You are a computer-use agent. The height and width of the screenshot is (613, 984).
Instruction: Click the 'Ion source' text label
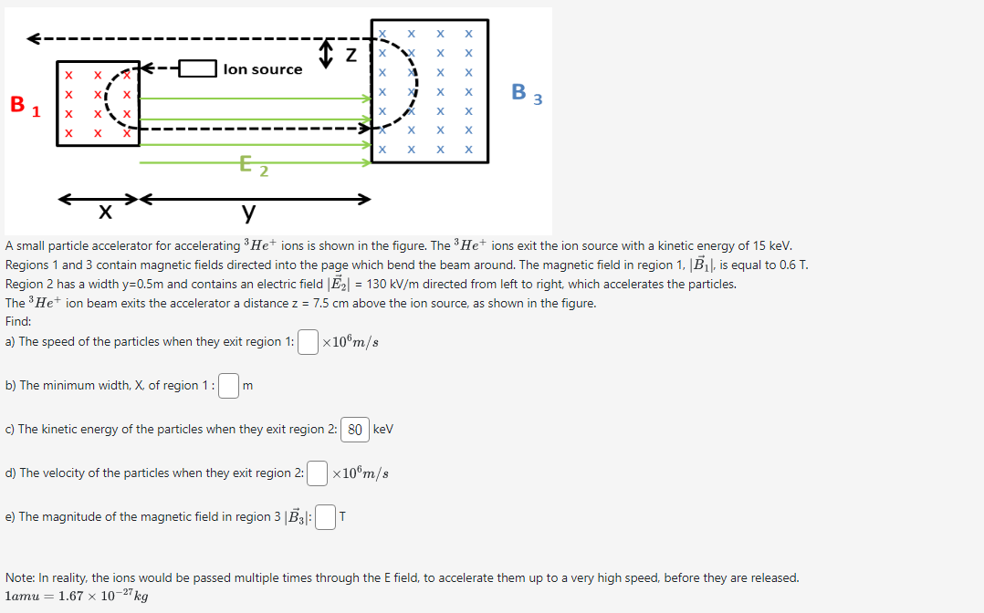click(x=263, y=69)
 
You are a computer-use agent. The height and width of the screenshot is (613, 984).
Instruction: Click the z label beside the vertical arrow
click(x=351, y=56)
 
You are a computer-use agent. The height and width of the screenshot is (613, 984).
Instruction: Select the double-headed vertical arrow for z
click(x=326, y=54)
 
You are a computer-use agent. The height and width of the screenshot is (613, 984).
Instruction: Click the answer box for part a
click(x=309, y=342)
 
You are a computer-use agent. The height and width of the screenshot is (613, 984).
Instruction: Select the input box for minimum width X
click(x=229, y=386)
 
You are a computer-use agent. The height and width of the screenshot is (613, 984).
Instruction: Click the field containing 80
click(x=355, y=430)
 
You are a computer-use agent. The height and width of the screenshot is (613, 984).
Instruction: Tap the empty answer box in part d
click(x=317, y=473)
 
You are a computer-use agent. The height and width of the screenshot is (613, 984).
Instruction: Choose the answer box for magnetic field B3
click(x=325, y=517)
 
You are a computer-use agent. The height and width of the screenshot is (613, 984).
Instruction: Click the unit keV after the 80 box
click(x=383, y=430)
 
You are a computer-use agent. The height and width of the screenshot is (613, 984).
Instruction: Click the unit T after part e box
click(x=342, y=517)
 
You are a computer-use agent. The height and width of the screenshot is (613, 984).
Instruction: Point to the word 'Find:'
click(x=18, y=322)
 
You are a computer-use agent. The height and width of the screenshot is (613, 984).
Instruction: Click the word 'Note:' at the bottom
click(x=21, y=578)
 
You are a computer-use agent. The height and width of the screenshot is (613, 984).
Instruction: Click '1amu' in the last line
click(x=25, y=597)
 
